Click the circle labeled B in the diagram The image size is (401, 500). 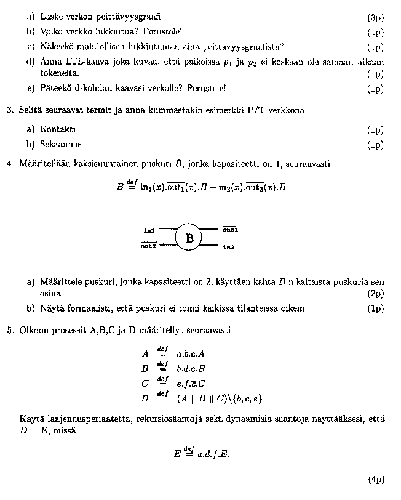189,238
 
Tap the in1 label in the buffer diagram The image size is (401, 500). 149,230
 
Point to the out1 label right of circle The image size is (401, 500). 230,230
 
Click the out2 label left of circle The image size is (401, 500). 148,246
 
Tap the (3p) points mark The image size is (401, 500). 375,18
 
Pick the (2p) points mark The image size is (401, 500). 375,294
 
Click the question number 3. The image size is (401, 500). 10,110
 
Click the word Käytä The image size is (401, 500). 31,419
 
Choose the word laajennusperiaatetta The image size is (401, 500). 86,419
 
